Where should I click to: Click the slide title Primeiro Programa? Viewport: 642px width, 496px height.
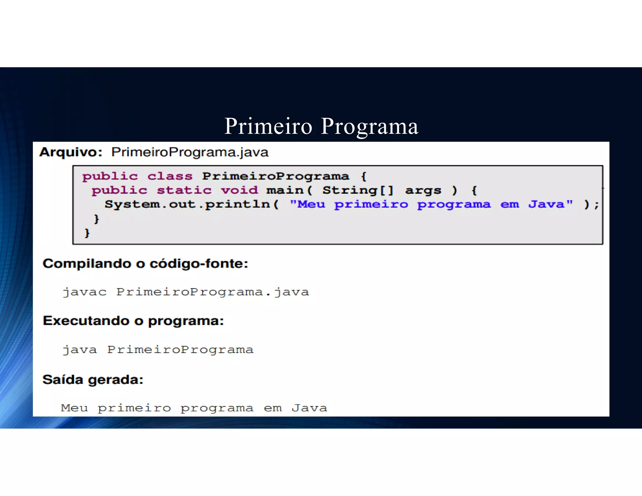coord(321,126)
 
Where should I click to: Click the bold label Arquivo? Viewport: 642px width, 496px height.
coord(71,152)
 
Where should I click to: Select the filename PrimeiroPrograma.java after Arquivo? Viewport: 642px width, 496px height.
coord(190,152)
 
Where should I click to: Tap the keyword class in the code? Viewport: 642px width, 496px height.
coord(170,176)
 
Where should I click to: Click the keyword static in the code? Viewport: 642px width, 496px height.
coord(184,190)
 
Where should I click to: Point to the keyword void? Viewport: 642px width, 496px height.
coord(239,190)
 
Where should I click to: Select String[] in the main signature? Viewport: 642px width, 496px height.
coord(358,190)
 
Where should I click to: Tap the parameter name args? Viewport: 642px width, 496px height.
coord(423,191)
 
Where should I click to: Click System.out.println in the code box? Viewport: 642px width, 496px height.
coord(187,204)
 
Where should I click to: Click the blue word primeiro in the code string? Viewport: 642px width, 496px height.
coord(371,204)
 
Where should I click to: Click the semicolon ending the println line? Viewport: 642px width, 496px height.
coord(596,205)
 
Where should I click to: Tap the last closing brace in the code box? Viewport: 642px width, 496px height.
coord(87,233)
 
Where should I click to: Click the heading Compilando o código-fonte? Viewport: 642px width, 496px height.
coord(145,263)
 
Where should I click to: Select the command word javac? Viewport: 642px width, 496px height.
coord(85,292)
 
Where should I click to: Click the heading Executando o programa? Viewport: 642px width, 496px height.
coord(134,321)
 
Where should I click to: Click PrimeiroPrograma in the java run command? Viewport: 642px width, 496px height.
coord(180,350)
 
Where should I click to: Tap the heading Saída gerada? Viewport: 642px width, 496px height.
coord(93,380)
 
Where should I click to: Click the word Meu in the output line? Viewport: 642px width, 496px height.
coord(74,408)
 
